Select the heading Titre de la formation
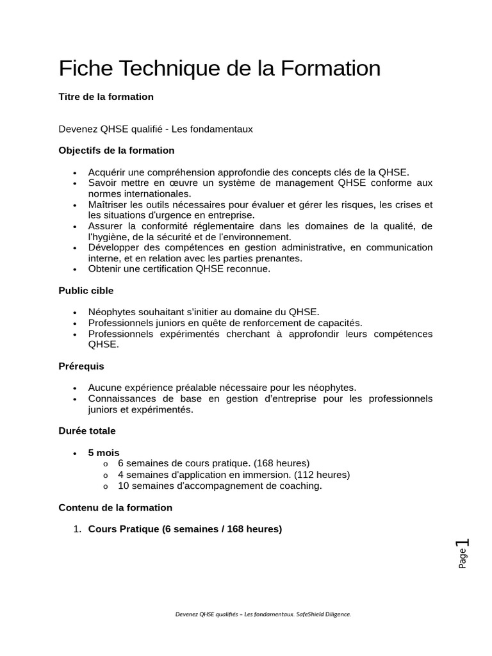click(106, 97)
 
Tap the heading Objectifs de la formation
click(116, 151)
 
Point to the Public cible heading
click(86, 290)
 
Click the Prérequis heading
click(81, 366)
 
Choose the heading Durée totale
click(87, 430)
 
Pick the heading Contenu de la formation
click(115, 507)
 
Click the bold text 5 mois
click(104, 452)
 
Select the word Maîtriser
click(109, 204)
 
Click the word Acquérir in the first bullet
click(108, 172)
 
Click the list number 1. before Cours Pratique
click(77, 529)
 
